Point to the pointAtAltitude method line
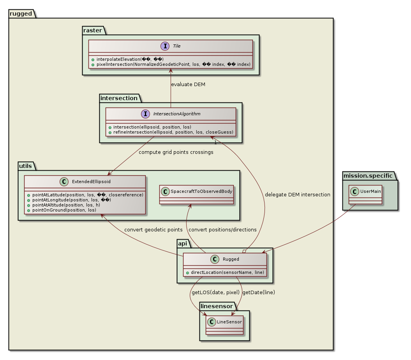tap(75, 205)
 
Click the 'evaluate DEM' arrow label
tap(189, 85)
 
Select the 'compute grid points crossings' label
tap(176, 152)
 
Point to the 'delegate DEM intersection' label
tap(297, 194)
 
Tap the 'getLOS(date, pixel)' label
tap(215, 292)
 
